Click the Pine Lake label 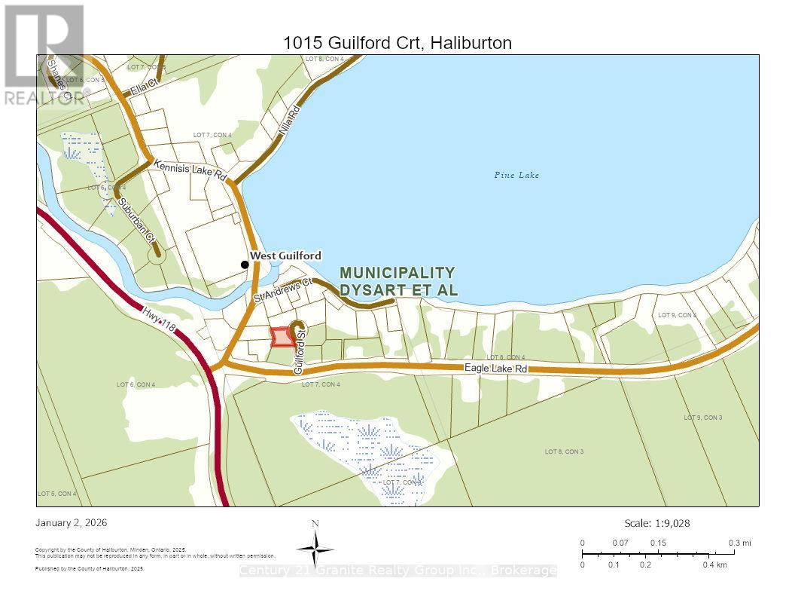pyautogui.click(x=516, y=175)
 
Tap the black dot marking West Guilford pyautogui.click(x=244, y=265)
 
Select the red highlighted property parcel pyautogui.click(x=282, y=337)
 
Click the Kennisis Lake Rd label pyautogui.click(x=190, y=170)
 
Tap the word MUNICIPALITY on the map pyautogui.click(x=397, y=272)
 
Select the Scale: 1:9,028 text pyautogui.click(x=657, y=523)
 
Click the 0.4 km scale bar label pyautogui.click(x=715, y=565)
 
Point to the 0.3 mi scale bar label pyautogui.click(x=739, y=543)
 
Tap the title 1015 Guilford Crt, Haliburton pyautogui.click(x=397, y=43)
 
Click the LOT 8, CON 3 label pyautogui.click(x=564, y=451)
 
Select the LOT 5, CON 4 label pyautogui.click(x=57, y=494)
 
